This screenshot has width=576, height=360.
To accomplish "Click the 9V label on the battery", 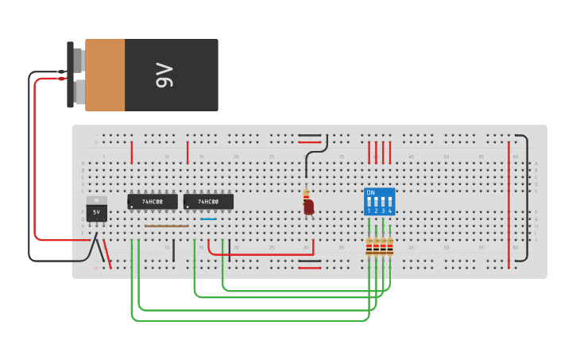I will (x=164, y=75).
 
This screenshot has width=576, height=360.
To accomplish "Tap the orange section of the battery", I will (x=105, y=75).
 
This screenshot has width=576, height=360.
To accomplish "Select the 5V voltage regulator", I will (x=96, y=212).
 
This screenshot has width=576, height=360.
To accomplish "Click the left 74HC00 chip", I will (x=153, y=202).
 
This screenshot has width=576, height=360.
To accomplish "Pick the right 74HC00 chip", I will (x=208, y=202).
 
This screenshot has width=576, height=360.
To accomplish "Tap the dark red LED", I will (x=308, y=207).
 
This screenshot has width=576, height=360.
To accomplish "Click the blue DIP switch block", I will (x=379, y=202).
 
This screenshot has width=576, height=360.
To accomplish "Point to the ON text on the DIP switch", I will (x=370, y=193).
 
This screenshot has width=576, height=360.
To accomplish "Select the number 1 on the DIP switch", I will (x=369, y=211).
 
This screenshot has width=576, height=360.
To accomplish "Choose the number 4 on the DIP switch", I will (x=390, y=211).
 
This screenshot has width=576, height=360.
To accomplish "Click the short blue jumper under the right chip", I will (x=208, y=219).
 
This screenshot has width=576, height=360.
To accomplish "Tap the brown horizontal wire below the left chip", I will (x=167, y=226).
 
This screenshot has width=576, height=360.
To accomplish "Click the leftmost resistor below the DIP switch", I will (x=369, y=247).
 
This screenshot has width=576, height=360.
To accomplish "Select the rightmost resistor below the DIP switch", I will (x=390, y=247).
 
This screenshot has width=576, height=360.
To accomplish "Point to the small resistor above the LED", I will (x=306, y=193).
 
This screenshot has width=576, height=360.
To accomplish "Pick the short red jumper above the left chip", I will (x=132, y=151).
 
